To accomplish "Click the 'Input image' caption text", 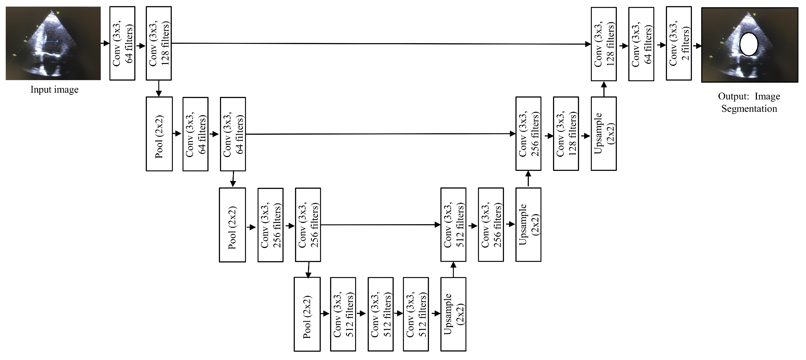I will pos(54,90).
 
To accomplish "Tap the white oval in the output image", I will pos(748,44).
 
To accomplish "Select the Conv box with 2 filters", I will pos(679,44).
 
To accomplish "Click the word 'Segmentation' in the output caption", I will pos(749,109).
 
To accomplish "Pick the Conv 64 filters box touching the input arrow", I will pos(122,44).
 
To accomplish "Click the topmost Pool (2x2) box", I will pos(159,134).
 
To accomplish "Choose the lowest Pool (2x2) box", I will pos(307,314).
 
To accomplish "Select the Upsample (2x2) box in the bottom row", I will pos(453,314).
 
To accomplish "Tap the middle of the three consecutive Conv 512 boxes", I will pos(380,314).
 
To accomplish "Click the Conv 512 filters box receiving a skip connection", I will pos(453,225).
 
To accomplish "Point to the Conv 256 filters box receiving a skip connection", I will pos(528,134).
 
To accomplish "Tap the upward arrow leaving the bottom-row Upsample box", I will pos(453,269).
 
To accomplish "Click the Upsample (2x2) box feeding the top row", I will pos(604,134).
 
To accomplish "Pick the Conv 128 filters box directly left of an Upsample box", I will pos(566,134).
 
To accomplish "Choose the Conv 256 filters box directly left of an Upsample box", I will pos(491,225).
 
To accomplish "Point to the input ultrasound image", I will pos(53,44).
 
